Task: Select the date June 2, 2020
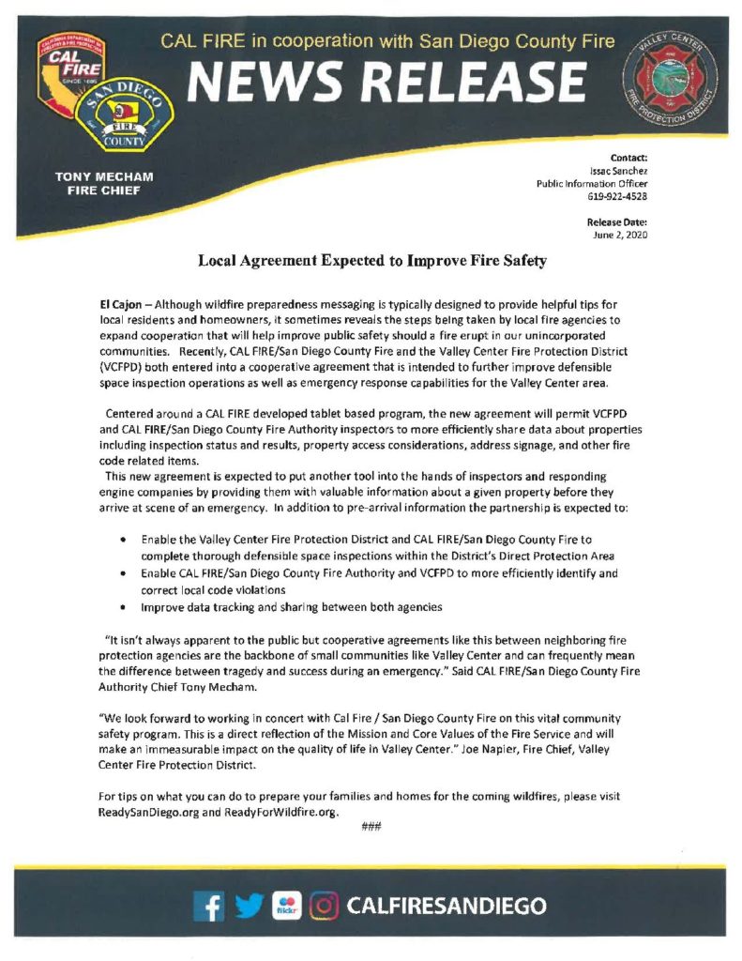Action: tap(620, 235)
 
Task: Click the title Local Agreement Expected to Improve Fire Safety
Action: tap(372, 261)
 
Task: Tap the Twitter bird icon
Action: tap(247, 906)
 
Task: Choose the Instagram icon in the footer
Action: tap(324, 906)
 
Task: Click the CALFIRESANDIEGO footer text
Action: tap(446, 906)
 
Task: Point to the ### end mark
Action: tap(370, 827)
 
